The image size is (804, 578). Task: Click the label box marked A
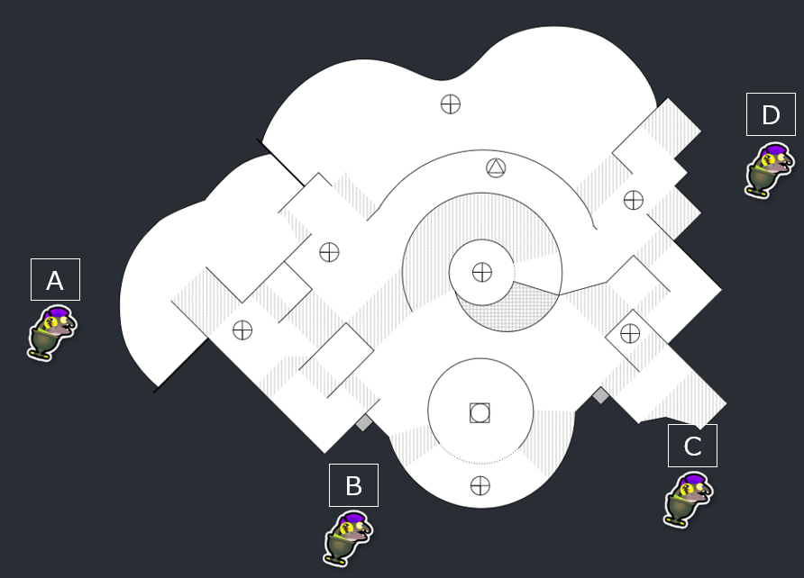pyautogui.click(x=55, y=280)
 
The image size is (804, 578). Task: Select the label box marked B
pyautogui.click(x=353, y=485)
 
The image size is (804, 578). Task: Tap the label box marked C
pyautogui.click(x=692, y=446)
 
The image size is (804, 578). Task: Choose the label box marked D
pyautogui.click(x=771, y=114)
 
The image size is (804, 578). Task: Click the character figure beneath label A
pyautogui.click(x=51, y=332)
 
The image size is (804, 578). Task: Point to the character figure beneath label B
pyautogui.click(x=347, y=537)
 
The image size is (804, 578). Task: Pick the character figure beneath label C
pyautogui.click(x=688, y=498)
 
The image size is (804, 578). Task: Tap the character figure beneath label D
pyautogui.click(x=769, y=168)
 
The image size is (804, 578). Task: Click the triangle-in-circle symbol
pyautogui.click(x=496, y=167)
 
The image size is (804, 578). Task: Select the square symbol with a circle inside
pyautogui.click(x=480, y=413)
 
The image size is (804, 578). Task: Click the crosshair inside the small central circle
pyautogui.click(x=482, y=271)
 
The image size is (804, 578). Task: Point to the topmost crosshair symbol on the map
pyautogui.click(x=451, y=104)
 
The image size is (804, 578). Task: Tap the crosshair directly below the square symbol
pyautogui.click(x=480, y=486)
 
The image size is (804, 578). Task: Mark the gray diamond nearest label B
pyautogui.click(x=363, y=422)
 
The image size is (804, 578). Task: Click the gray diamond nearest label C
pyautogui.click(x=600, y=395)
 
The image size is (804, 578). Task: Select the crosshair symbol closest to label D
pyautogui.click(x=634, y=200)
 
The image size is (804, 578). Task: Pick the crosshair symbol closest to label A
pyautogui.click(x=242, y=330)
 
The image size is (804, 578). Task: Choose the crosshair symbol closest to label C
pyautogui.click(x=630, y=334)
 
